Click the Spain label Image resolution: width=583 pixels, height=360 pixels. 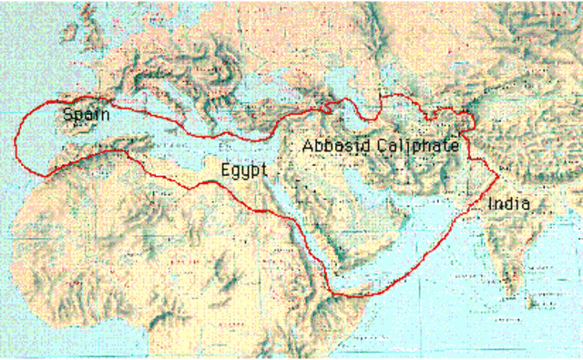(87, 115)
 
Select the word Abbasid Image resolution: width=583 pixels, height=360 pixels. (332, 146)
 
